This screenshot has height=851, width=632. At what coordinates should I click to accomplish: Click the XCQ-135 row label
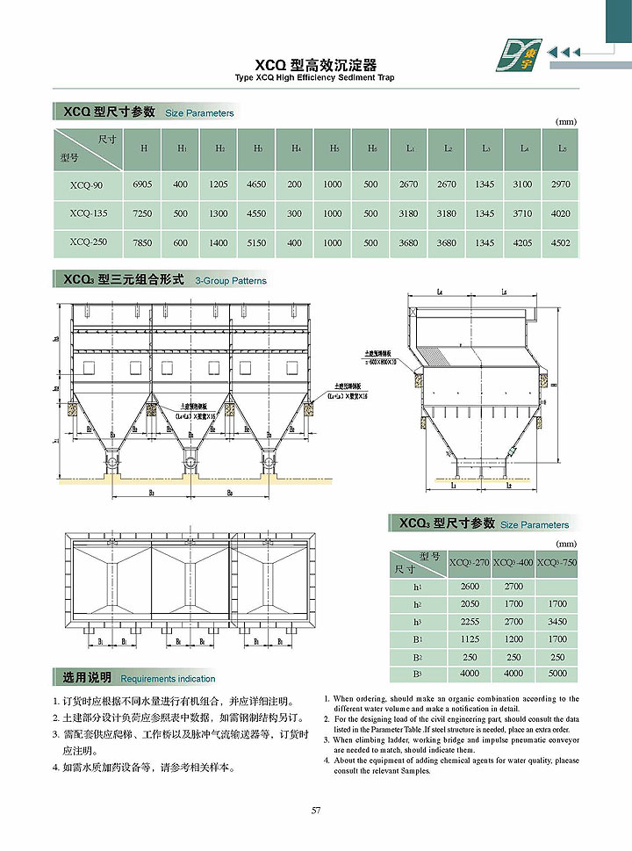coord(86,213)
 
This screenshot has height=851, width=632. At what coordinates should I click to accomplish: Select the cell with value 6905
coord(142,184)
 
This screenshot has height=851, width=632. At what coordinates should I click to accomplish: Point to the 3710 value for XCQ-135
coord(523,213)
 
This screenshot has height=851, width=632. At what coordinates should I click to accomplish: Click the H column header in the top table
coord(143,148)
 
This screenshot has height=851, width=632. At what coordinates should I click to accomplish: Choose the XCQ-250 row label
coord(86,243)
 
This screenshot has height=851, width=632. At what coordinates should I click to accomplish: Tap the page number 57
coord(316,810)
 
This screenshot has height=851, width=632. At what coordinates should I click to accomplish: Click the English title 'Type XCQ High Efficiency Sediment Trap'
coord(315,78)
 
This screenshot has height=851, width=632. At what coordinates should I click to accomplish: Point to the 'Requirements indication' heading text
coord(168,679)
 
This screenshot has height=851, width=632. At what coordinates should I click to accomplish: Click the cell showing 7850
coord(142,243)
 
